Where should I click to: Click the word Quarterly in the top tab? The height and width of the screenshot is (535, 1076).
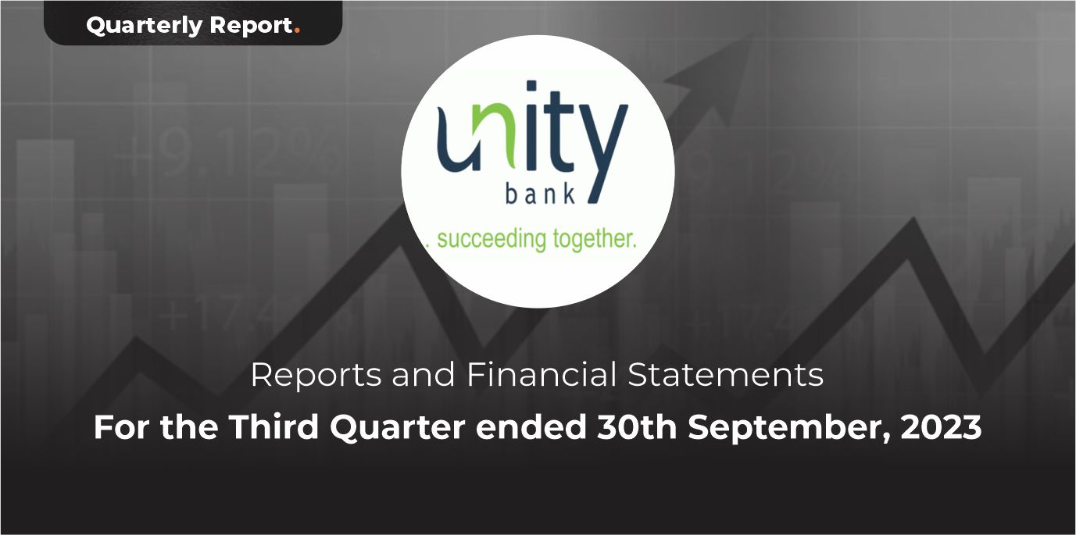click(x=144, y=26)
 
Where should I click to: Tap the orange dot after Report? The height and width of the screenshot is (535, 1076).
click(x=298, y=32)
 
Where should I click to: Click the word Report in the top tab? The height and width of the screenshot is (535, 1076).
click(x=252, y=26)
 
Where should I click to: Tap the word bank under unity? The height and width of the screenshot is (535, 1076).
click(x=541, y=195)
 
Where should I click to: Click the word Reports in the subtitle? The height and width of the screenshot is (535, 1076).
click(x=316, y=376)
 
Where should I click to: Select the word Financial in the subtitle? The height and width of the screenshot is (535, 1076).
click(x=542, y=374)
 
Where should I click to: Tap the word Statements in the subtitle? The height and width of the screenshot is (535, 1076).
click(x=725, y=375)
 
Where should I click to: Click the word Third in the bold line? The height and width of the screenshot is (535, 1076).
click(x=273, y=427)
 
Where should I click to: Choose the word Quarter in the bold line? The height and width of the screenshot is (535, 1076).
click(x=397, y=428)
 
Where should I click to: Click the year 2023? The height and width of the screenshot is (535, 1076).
click(x=941, y=427)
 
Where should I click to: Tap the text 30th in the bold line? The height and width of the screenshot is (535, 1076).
click(x=637, y=427)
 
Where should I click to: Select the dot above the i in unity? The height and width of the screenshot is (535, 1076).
click(x=532, y=85)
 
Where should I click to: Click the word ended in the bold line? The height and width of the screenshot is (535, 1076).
click(x=531, y=427)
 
